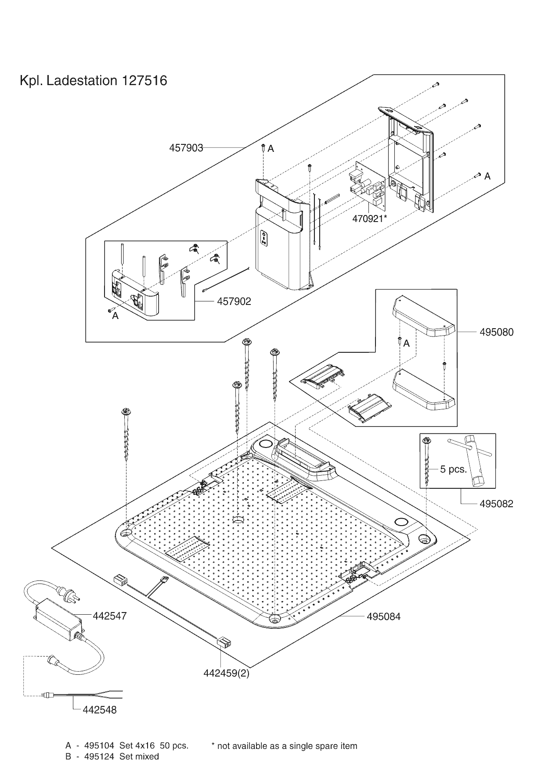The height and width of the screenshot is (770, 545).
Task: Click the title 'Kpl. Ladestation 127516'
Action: (93, 81)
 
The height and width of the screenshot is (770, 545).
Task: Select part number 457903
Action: (186, 148)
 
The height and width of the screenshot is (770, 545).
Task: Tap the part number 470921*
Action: (369, 218)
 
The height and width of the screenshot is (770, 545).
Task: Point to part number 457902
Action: (234, 301)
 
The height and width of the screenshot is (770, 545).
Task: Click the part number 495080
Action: (496, 332)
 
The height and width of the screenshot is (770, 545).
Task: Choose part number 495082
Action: (496, 504)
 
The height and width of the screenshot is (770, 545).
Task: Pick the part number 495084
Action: (383, 616)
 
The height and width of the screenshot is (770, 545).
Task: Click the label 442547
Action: (110, 616)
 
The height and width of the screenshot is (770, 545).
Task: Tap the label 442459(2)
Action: (226, 673)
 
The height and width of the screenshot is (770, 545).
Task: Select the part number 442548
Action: (99, 710)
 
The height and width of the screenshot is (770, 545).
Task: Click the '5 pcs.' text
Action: (453, 469)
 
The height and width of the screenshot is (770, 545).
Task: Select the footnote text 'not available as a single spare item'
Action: (287, 746)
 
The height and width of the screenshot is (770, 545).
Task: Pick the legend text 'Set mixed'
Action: (139, 756)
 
